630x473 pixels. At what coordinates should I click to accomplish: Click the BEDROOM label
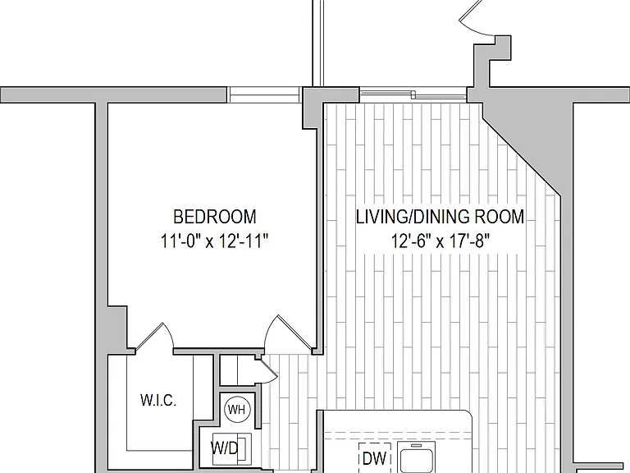pyautogui.click(x=215, y=217)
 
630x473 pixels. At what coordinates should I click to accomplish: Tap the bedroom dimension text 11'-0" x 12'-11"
pyautogui.click(x=214, y=241)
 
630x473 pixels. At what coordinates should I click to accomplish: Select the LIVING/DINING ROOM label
pyautogui.click(x=440, y=217)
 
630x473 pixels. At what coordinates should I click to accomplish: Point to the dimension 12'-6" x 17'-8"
pyautogui.click(x=441, y=241)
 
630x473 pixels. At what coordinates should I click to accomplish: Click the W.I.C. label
pyautogui.click(x=158, y=400)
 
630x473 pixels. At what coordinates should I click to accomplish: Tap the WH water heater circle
pyautogui.click(x=237, y=410)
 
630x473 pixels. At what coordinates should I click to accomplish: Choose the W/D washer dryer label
pyautogui.click(x=225, y=448)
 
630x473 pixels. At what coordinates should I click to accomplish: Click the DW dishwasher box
pyautogui.click(x=375, y=457)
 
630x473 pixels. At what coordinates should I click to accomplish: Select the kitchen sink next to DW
pyautogui.click(x=416, y=457)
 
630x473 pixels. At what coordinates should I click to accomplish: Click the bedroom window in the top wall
pyautogui.click(x=264, y=95)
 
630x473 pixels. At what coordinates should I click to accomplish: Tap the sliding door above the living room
pyautogui.click(x=413, y=95)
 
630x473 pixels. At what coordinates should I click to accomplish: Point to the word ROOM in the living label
pyautogui.click(x=500, y=217)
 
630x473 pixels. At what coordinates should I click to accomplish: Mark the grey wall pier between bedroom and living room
pyautogui.click(x=313, y=107)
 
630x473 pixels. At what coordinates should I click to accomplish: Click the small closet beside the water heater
pyautogui.click(x=238, y=370)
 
